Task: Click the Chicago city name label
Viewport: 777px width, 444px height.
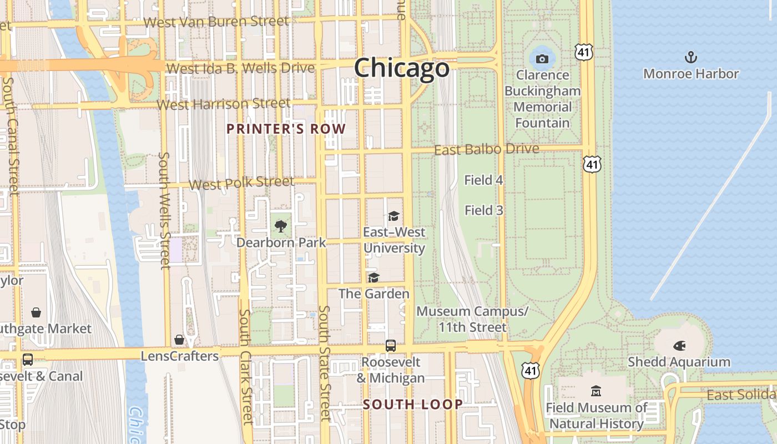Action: pos(401,68)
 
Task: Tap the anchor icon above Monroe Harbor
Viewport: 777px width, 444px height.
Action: pos(690,57)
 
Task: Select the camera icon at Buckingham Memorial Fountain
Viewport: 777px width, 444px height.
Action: pos(542,59)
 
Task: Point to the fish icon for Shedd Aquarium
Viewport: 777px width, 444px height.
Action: pos(679,346)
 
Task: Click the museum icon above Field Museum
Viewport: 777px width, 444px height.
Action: pos(596,391)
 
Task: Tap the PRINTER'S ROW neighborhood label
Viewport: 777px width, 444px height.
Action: pos(286,129)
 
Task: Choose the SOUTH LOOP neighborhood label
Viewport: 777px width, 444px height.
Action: pos(413,404)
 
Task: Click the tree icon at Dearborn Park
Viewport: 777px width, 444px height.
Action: pos(281,226)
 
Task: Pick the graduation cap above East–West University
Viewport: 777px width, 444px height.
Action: pos(393,216)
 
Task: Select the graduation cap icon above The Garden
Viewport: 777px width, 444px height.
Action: pos(374,277)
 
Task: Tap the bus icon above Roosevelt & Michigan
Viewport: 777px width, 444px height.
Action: pos(391,345)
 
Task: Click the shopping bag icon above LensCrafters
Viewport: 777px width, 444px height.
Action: pos(179,339)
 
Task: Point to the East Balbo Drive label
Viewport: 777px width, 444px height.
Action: pos(486,149)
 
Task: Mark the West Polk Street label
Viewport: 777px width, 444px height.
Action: pos(241,183)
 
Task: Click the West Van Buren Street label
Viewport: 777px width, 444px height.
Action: pos(216,22)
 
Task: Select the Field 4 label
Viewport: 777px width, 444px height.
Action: pos(483,180)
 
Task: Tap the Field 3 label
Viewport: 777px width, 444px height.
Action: pos(483,210)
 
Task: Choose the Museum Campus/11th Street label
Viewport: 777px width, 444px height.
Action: pos(472,319)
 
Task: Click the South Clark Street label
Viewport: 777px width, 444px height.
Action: pos(246,366)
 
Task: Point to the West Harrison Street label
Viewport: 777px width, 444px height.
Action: pos(224,104)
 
